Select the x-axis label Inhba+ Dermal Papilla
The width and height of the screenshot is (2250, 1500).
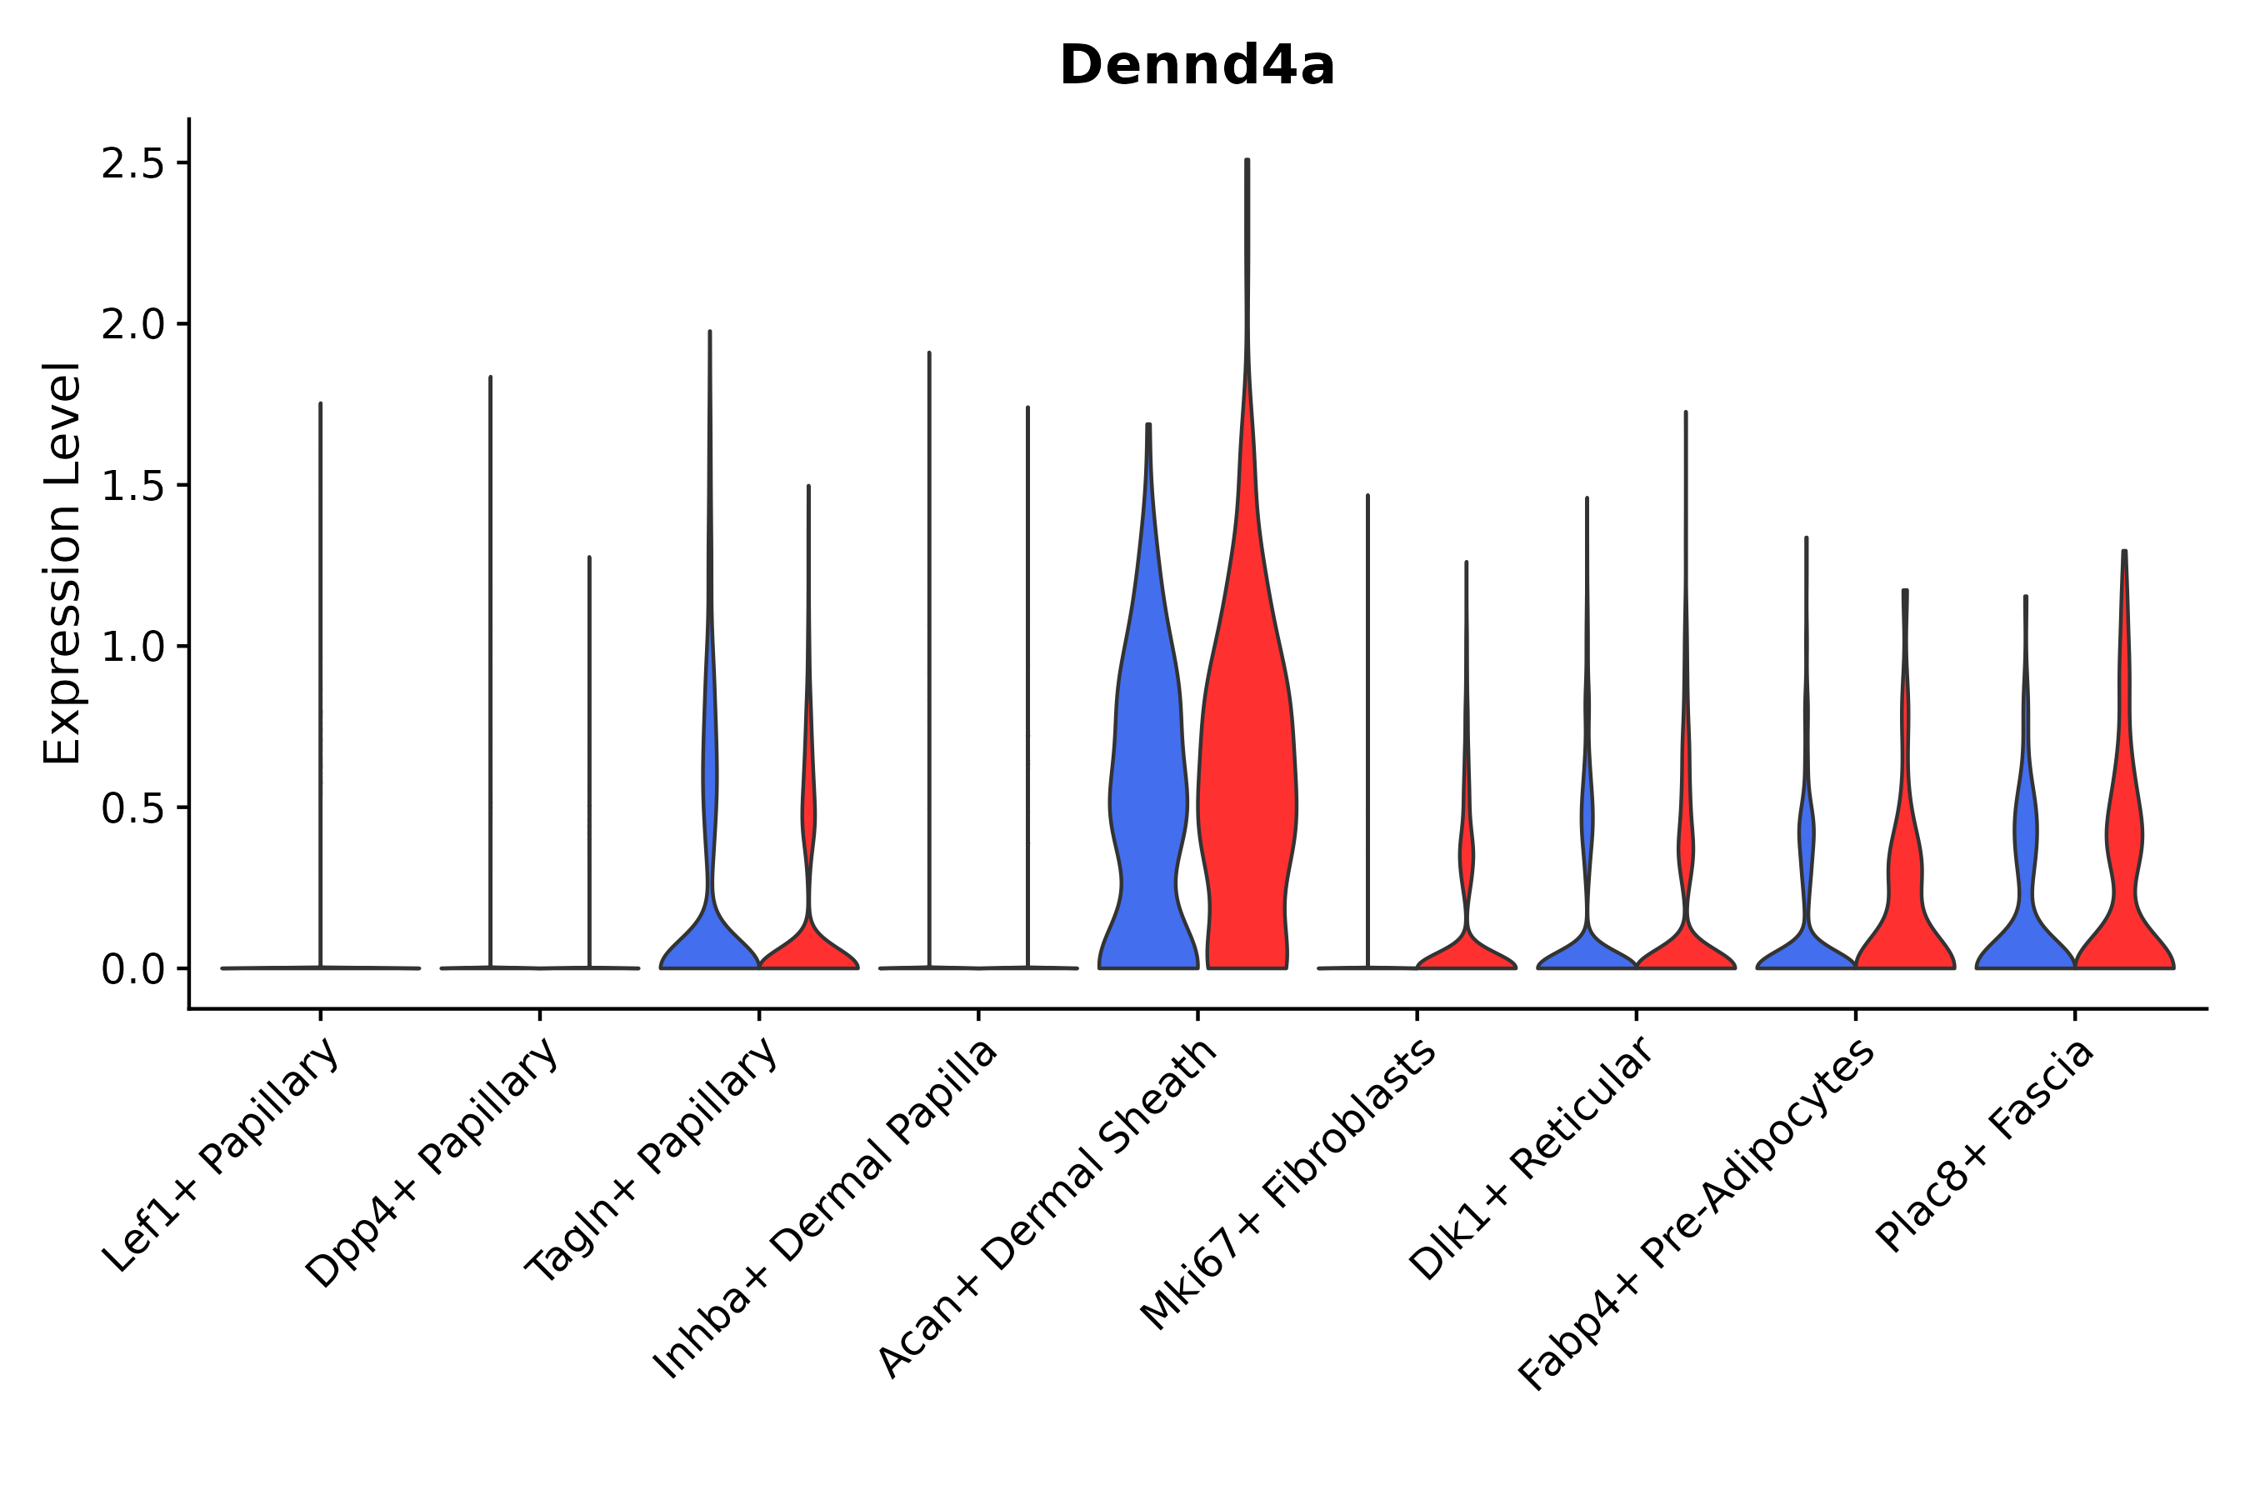pos(825,1210)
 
